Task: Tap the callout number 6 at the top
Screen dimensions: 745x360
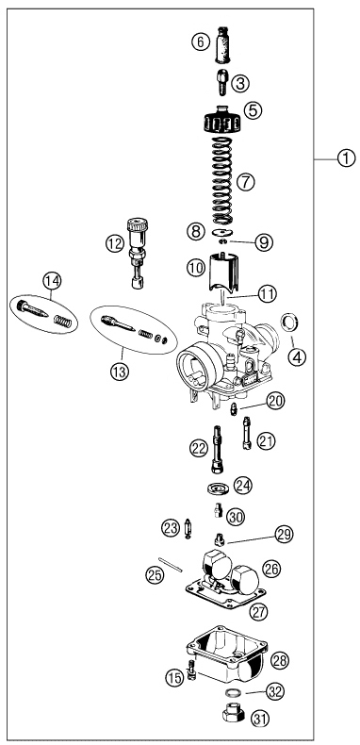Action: (199, 42)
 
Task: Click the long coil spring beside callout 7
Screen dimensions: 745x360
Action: (221, 178)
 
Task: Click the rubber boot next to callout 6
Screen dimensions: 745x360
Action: (224, 42)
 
